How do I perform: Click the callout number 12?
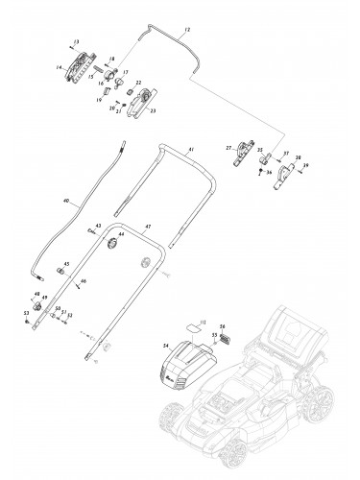[187, 31]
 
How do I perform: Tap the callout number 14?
[59, 66]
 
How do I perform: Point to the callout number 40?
[65, 202]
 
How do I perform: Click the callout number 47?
[147, 228]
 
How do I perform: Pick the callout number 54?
[166, 343]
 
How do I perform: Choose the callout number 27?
[228, 147]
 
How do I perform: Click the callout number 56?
[223, 325]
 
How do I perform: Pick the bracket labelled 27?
[241, 153]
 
